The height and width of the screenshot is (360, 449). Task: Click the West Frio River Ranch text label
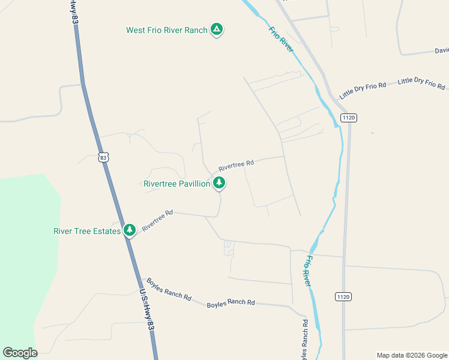coord(166,30)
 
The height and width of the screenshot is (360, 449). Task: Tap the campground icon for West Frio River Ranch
coord(217,29)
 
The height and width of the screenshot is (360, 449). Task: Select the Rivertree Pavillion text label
coord(177,184)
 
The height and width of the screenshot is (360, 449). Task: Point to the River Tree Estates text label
coord(87,231)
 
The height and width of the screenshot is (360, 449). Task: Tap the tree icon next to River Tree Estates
coord(130,230)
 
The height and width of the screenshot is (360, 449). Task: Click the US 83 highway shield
coord(104,157)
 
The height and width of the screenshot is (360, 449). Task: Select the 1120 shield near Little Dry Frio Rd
coord(348,118)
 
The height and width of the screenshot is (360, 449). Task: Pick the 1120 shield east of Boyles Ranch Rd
coord(343,296)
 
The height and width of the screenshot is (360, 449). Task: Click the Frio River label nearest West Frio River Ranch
coord(281,39)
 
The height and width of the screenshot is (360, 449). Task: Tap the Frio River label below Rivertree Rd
coord(309,271)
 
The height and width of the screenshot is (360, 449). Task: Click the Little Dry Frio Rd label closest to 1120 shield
coord(363,91)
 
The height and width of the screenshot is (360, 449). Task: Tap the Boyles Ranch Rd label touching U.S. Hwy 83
coord(169,289)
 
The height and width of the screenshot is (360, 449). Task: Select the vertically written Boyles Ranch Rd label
coord(306,340)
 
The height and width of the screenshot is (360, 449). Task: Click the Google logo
coord(20,353)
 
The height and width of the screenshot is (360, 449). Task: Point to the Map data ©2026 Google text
coord(412,355)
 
